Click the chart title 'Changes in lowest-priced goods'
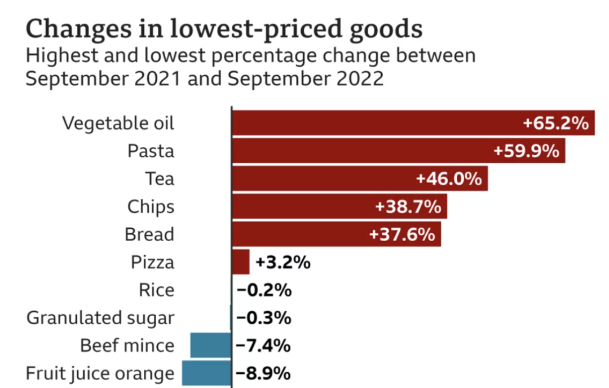(x=224, y=28)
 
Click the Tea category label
(x=160, y=179)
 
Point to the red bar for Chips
(x=304, y=207)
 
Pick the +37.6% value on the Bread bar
(x=402, y=234)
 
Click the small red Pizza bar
(x=241, y=262)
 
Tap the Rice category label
(x=156, y=290)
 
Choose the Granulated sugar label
(x=100, y=318)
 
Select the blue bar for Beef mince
(x=210, y=345)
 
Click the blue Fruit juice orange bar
(x=206, y=373)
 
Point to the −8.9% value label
(x=263, y=373)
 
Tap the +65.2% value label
(x=556, y=123)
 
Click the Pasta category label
(x=151, y=151)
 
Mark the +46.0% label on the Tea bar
(x=449, y=179)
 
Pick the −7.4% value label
(x=263, y=346)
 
